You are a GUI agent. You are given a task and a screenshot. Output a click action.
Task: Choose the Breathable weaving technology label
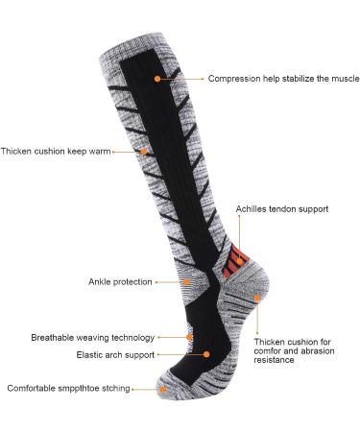click(x=92, y=337)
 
